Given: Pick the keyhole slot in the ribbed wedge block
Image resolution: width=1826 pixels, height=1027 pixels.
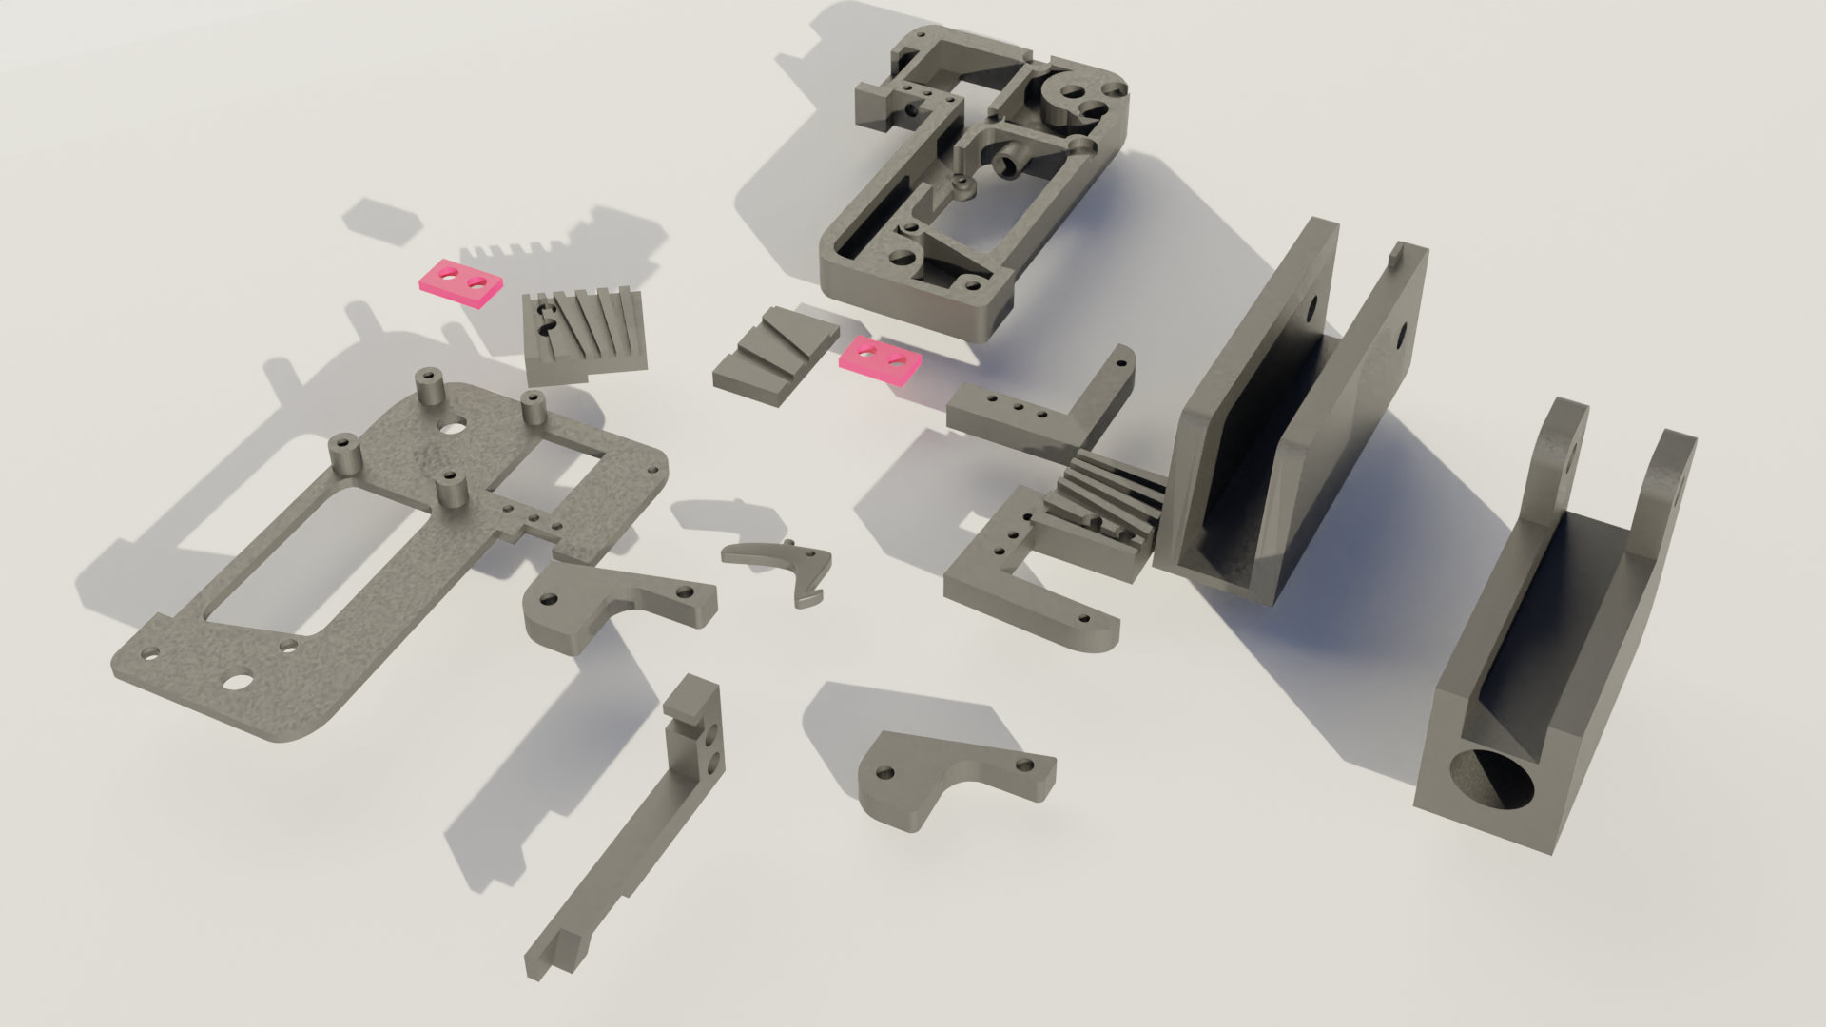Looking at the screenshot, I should (544, 321).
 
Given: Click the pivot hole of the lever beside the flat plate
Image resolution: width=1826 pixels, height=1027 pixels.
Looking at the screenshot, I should (549, 601).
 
